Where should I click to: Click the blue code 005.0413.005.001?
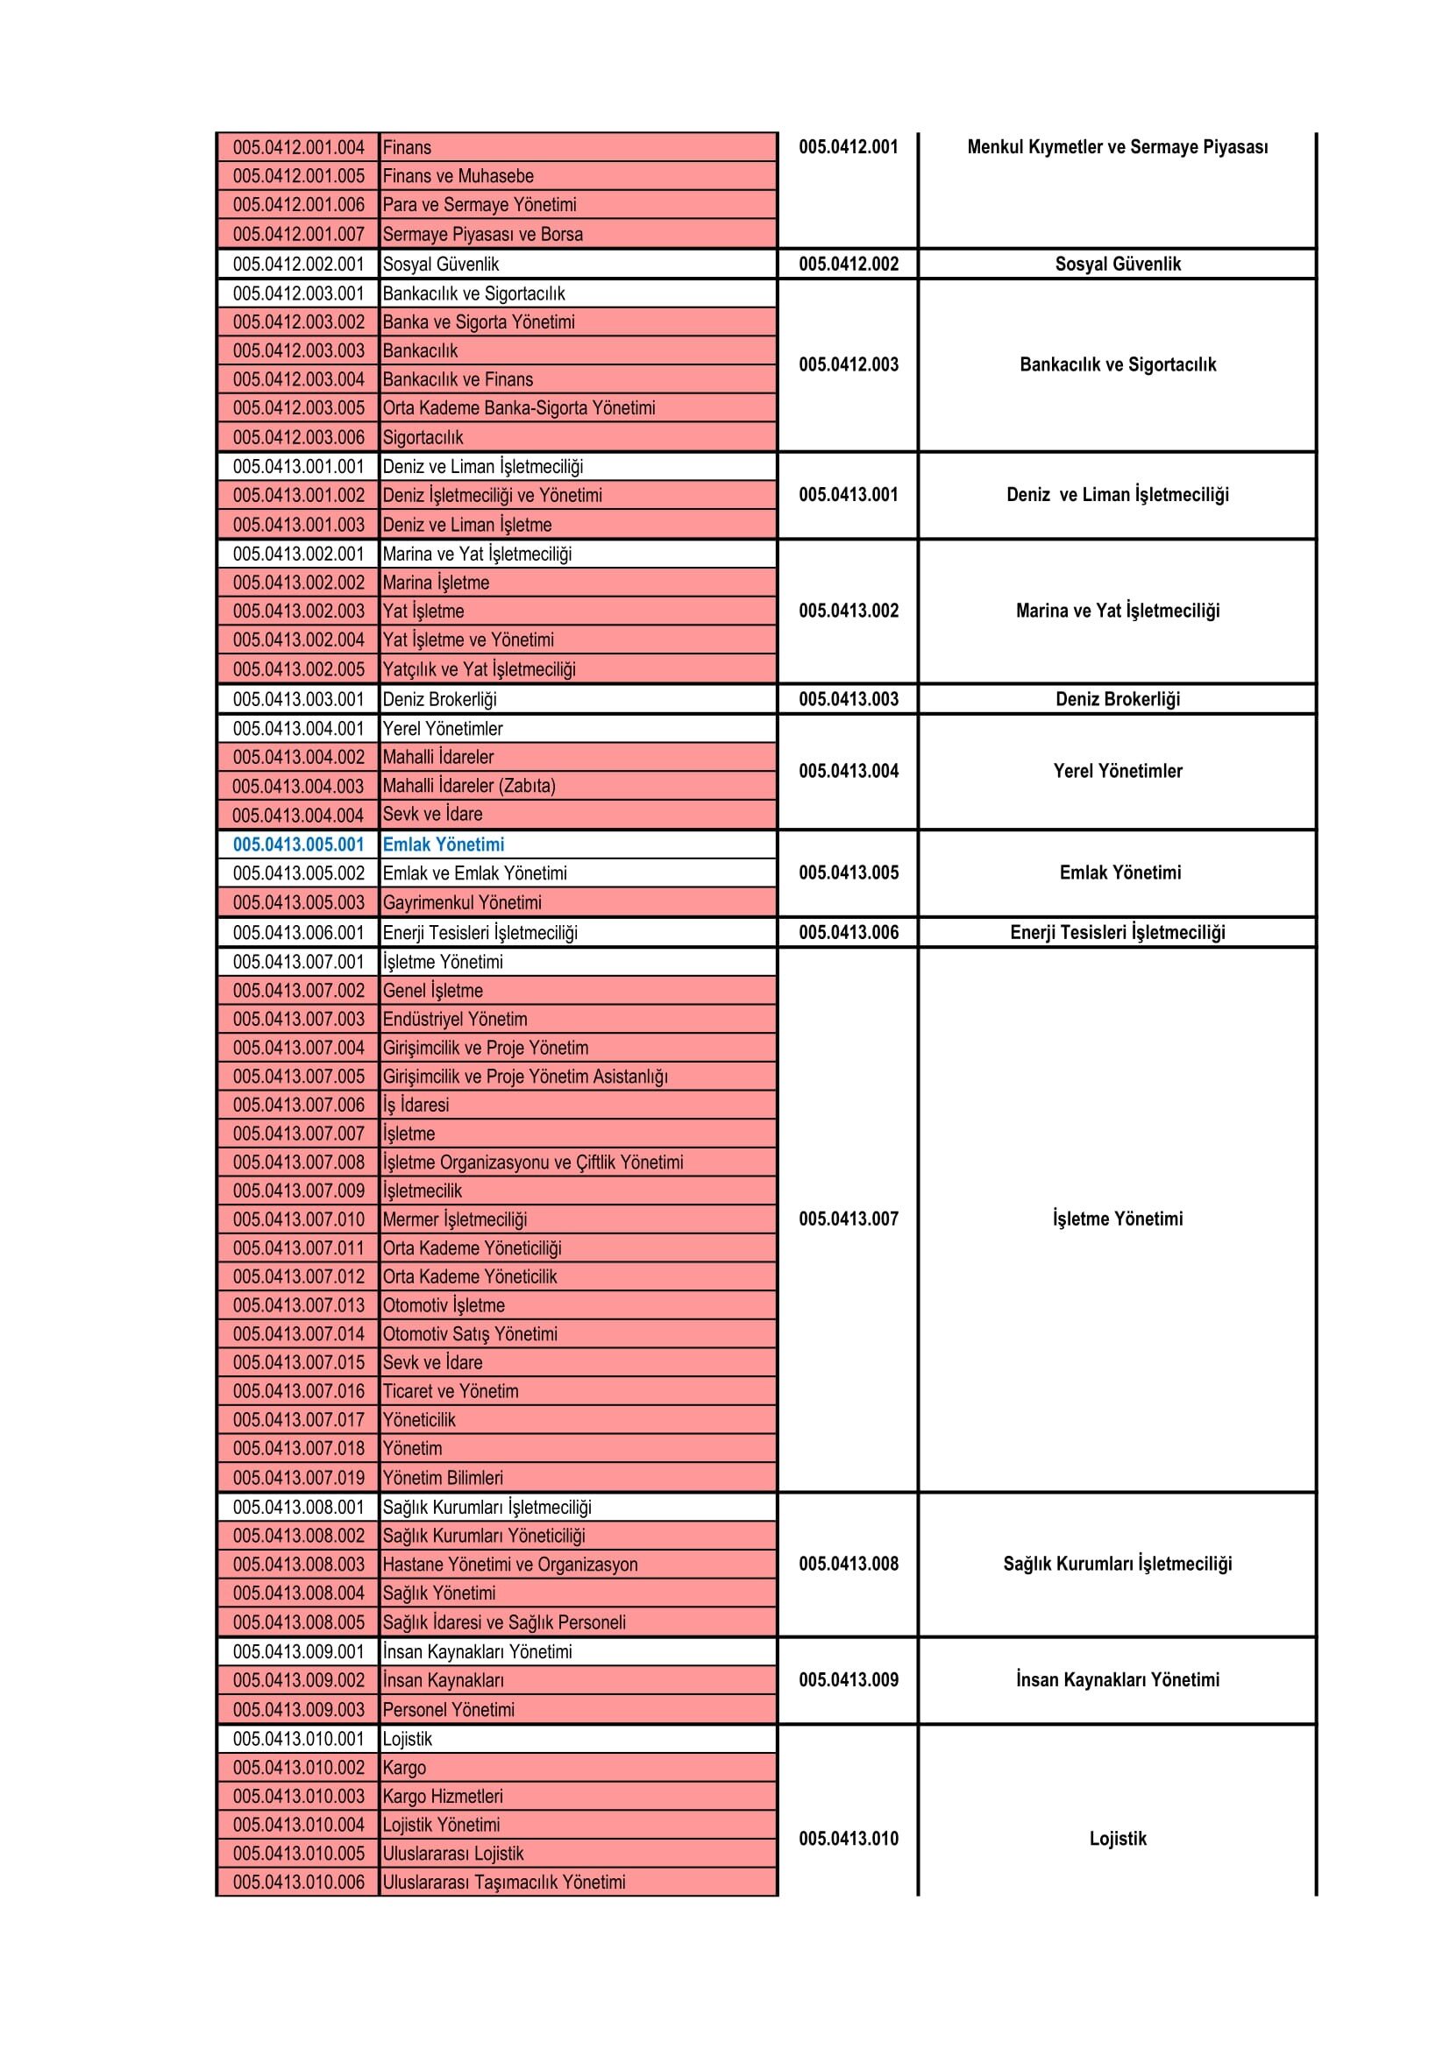click(298, 844)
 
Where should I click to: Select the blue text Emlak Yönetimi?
click(443, 844)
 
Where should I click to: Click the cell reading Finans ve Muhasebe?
click(458, 176)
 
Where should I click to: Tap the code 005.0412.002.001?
click(298, 265)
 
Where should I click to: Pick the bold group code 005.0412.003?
click(849, 364)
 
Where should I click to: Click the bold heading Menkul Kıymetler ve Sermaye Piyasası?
click(1117, 147)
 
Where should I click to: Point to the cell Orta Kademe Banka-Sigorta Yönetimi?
click(519, 408)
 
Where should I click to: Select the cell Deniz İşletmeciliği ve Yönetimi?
click(492, 495)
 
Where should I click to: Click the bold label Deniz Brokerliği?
click(1117, 699)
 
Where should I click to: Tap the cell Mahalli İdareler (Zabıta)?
click(469, 785)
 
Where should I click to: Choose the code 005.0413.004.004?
click(298, 815)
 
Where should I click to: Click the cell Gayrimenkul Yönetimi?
click(462, 902)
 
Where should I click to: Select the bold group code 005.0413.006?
click(849, 933)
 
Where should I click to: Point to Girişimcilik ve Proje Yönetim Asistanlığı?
click(525, 1077)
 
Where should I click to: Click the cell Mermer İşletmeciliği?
click(454, 1219)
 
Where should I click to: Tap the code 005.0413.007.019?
click(298, 1477)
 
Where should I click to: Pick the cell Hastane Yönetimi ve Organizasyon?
click(510, 1564)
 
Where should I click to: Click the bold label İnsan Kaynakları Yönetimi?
click(1117, 1679)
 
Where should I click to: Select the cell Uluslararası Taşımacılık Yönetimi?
click(503, 1882)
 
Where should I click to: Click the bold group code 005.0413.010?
click(849, 1839)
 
